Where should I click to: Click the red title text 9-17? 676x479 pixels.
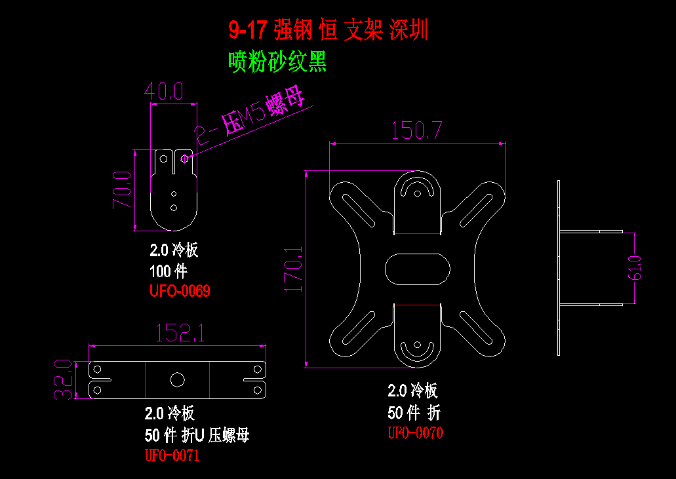248,30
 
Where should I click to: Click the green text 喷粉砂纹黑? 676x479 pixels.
277,62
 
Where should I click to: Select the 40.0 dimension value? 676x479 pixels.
163,90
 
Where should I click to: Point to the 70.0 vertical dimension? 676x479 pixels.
122,189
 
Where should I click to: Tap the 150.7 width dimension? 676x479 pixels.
417,130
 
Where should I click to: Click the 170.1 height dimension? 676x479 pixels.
294,269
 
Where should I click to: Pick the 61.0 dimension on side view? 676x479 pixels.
636,267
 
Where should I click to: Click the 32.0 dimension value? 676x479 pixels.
63,379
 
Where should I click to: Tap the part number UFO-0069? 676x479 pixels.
180,291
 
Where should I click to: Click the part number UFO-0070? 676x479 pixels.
415,432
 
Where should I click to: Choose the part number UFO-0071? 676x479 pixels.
172,455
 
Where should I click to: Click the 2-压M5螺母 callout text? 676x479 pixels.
252,118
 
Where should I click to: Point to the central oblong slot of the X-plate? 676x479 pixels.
417,269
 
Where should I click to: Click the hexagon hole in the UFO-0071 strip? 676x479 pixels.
176,379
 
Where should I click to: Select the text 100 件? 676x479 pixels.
168,271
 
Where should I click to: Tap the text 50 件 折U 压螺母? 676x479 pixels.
197,435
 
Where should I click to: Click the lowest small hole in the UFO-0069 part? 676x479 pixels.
174,208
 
